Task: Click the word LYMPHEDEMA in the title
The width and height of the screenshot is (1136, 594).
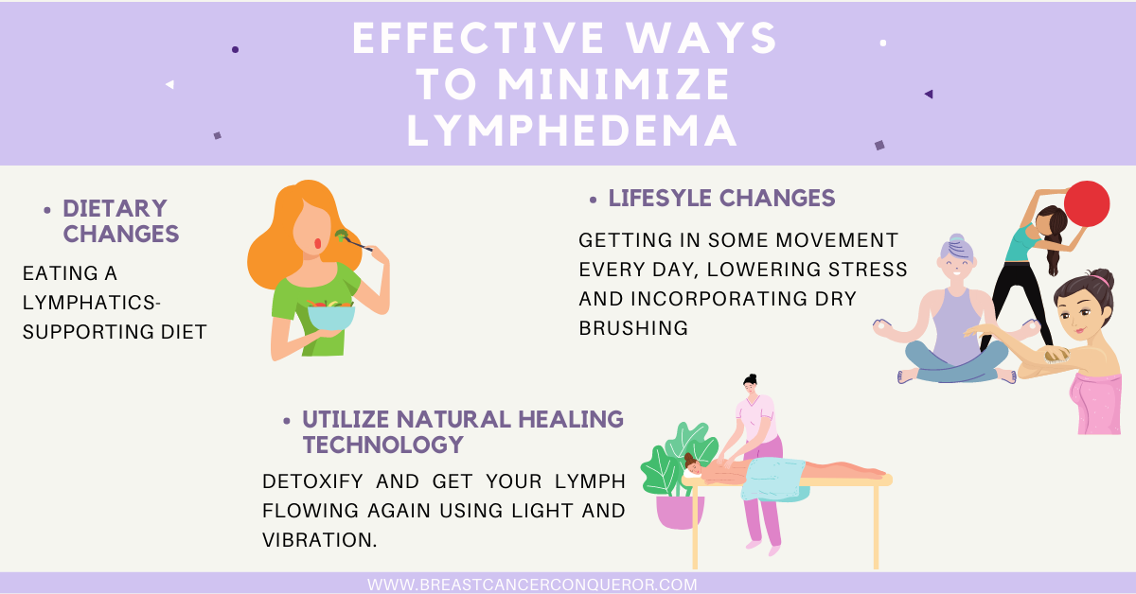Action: point(572,131)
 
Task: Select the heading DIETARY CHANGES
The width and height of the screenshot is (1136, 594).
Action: point(121,221)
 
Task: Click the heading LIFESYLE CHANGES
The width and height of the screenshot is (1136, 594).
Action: point(721,199)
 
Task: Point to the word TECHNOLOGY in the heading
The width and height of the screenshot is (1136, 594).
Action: point(383,445)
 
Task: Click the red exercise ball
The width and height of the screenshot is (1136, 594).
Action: point(1087,203)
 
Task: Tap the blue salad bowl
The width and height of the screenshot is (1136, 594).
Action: point(331,317)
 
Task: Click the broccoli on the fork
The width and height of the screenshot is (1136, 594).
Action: point(342,235)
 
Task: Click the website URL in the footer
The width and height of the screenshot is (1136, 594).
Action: point(532,585)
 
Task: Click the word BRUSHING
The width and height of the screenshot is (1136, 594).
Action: point(633,328)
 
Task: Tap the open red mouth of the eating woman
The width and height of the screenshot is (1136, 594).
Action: point(317,244)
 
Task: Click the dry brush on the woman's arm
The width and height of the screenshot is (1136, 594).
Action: point(1056,356)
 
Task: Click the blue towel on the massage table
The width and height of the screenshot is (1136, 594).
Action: point(773,479)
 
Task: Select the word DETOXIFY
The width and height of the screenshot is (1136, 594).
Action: point(312,481)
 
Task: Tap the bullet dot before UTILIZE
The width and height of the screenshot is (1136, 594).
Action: point(287,421)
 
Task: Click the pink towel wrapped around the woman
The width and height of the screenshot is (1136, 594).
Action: point(1096,403)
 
